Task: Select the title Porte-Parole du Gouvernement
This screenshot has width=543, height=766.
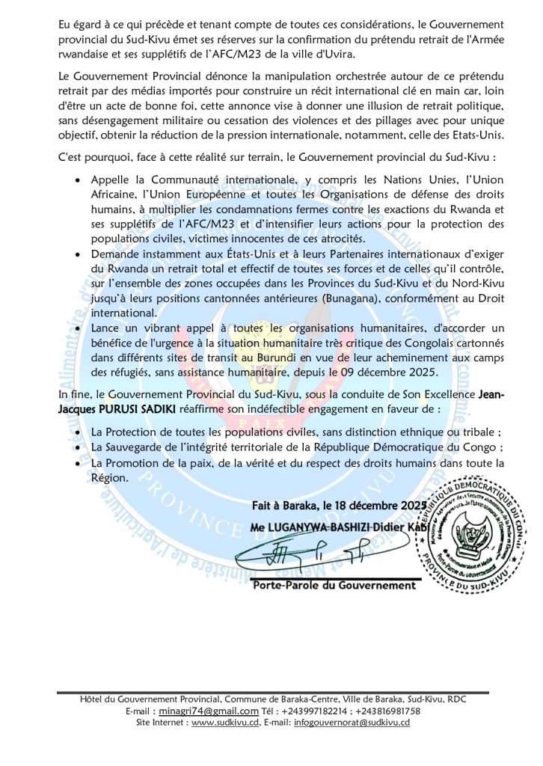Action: (x=334, y=584)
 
